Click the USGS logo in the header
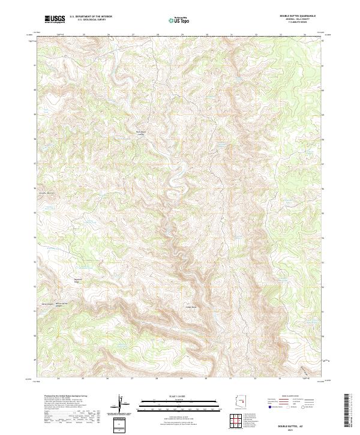[x=55, y=20]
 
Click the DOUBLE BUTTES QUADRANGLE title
[x=298, y=16]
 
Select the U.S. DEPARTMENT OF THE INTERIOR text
[x=91, y=17]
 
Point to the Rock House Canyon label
[x=141, y=133]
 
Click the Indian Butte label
[x=190, y=307]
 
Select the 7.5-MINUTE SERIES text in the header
[x=298, y=23]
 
